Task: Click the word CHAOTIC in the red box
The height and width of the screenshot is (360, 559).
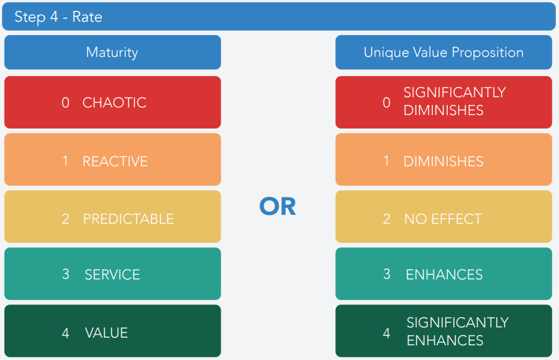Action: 114,103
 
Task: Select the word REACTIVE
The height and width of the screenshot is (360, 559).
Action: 115,162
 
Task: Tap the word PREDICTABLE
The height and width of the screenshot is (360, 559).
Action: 129,219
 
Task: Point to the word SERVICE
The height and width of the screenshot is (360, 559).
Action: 113,274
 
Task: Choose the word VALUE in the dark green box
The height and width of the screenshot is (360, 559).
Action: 106,333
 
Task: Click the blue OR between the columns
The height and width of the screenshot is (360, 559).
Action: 278,207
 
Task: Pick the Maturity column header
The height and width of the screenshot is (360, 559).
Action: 112,52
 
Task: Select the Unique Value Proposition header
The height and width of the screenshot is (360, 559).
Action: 443,52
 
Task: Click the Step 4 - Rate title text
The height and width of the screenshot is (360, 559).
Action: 58,17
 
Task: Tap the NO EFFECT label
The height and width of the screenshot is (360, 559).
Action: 443,219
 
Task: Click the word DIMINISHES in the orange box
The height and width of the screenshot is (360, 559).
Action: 443,162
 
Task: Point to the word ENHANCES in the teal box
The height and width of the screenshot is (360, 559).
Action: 445,274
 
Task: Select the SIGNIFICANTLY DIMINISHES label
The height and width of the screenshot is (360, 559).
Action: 455,102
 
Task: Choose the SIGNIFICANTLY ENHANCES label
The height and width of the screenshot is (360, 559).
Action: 457,331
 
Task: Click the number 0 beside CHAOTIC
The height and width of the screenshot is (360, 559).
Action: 65,103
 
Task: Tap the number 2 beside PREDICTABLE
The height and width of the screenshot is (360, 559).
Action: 66,219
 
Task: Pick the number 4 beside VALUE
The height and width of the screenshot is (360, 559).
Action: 66,333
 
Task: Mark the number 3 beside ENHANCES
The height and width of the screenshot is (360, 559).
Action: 387,274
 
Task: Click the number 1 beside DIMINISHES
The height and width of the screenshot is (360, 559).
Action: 386,161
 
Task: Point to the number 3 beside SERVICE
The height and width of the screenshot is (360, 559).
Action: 66,274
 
